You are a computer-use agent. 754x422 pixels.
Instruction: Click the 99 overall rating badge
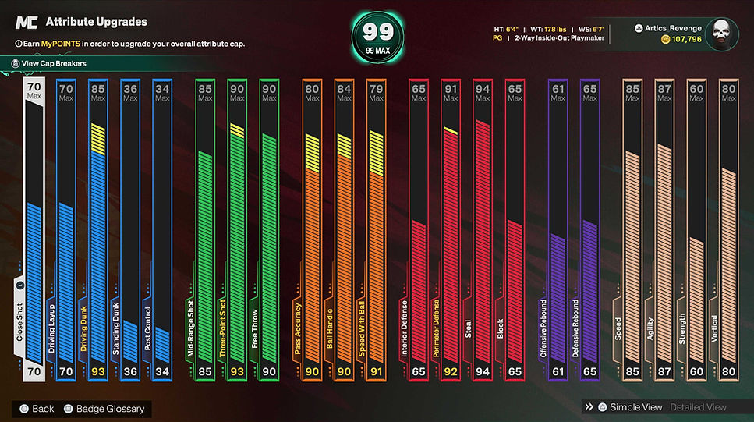coord(377,37)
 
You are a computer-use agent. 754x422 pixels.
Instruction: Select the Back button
coord(37,409)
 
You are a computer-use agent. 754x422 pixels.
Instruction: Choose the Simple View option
coord(630,407)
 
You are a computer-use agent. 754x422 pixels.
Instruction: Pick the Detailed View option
coord(698,407)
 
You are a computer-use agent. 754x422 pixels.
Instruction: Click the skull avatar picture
coord(722,34)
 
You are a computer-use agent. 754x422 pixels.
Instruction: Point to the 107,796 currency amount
coord(687,39)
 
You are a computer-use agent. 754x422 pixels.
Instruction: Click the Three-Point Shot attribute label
coord(223,328)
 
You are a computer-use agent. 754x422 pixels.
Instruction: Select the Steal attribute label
coord(468,329)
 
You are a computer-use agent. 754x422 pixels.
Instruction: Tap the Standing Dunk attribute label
coord(115,328)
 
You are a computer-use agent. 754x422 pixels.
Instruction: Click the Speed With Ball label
coord(362,328)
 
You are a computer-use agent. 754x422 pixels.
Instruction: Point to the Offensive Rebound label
coord(543,328)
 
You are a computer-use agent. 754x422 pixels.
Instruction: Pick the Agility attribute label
coord(650,329)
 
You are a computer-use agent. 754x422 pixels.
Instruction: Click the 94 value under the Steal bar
coord(483,371)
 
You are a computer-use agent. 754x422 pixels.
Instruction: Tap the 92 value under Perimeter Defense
coord(451,371)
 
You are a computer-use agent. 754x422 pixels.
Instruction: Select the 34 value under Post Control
coord(162,371)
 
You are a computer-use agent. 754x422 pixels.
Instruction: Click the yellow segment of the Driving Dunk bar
coord(98,139)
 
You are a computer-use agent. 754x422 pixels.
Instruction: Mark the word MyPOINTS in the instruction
coord(61,44)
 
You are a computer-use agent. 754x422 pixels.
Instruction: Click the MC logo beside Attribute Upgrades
coord(27,22)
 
